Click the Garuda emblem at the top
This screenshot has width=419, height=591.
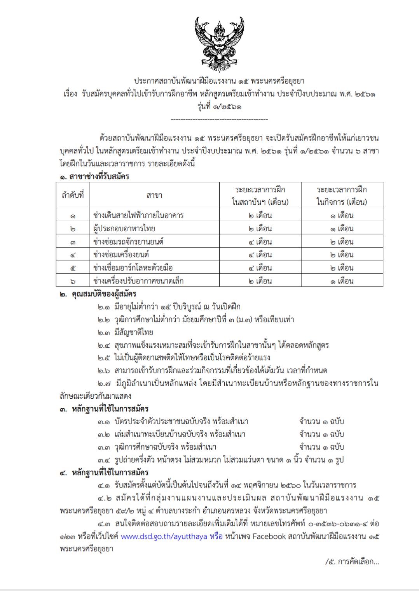(220, 44)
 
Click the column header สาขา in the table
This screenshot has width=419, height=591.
(154, 195)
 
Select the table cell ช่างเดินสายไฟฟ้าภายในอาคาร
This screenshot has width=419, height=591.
(138, 215)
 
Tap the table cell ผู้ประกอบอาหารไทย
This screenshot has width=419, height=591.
(124, 229)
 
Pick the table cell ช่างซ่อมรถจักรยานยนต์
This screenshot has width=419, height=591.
(128, 242)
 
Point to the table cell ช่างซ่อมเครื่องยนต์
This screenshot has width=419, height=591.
(121, 255)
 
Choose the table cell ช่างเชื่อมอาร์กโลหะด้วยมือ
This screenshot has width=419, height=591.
(133, 268)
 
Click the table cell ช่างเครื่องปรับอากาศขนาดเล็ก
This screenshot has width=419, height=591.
(138, 281)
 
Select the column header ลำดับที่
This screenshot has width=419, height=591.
(73, 195)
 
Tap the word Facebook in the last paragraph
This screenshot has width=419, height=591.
(269, 536)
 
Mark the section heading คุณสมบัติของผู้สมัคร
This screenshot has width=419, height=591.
(104, 294)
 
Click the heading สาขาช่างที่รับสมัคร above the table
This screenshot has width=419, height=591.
(99, 176)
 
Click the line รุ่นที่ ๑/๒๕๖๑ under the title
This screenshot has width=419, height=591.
(219, 106)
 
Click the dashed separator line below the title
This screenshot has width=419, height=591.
(219, 120)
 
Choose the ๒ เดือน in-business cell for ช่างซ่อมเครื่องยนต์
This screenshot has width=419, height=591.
(342, 255)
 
